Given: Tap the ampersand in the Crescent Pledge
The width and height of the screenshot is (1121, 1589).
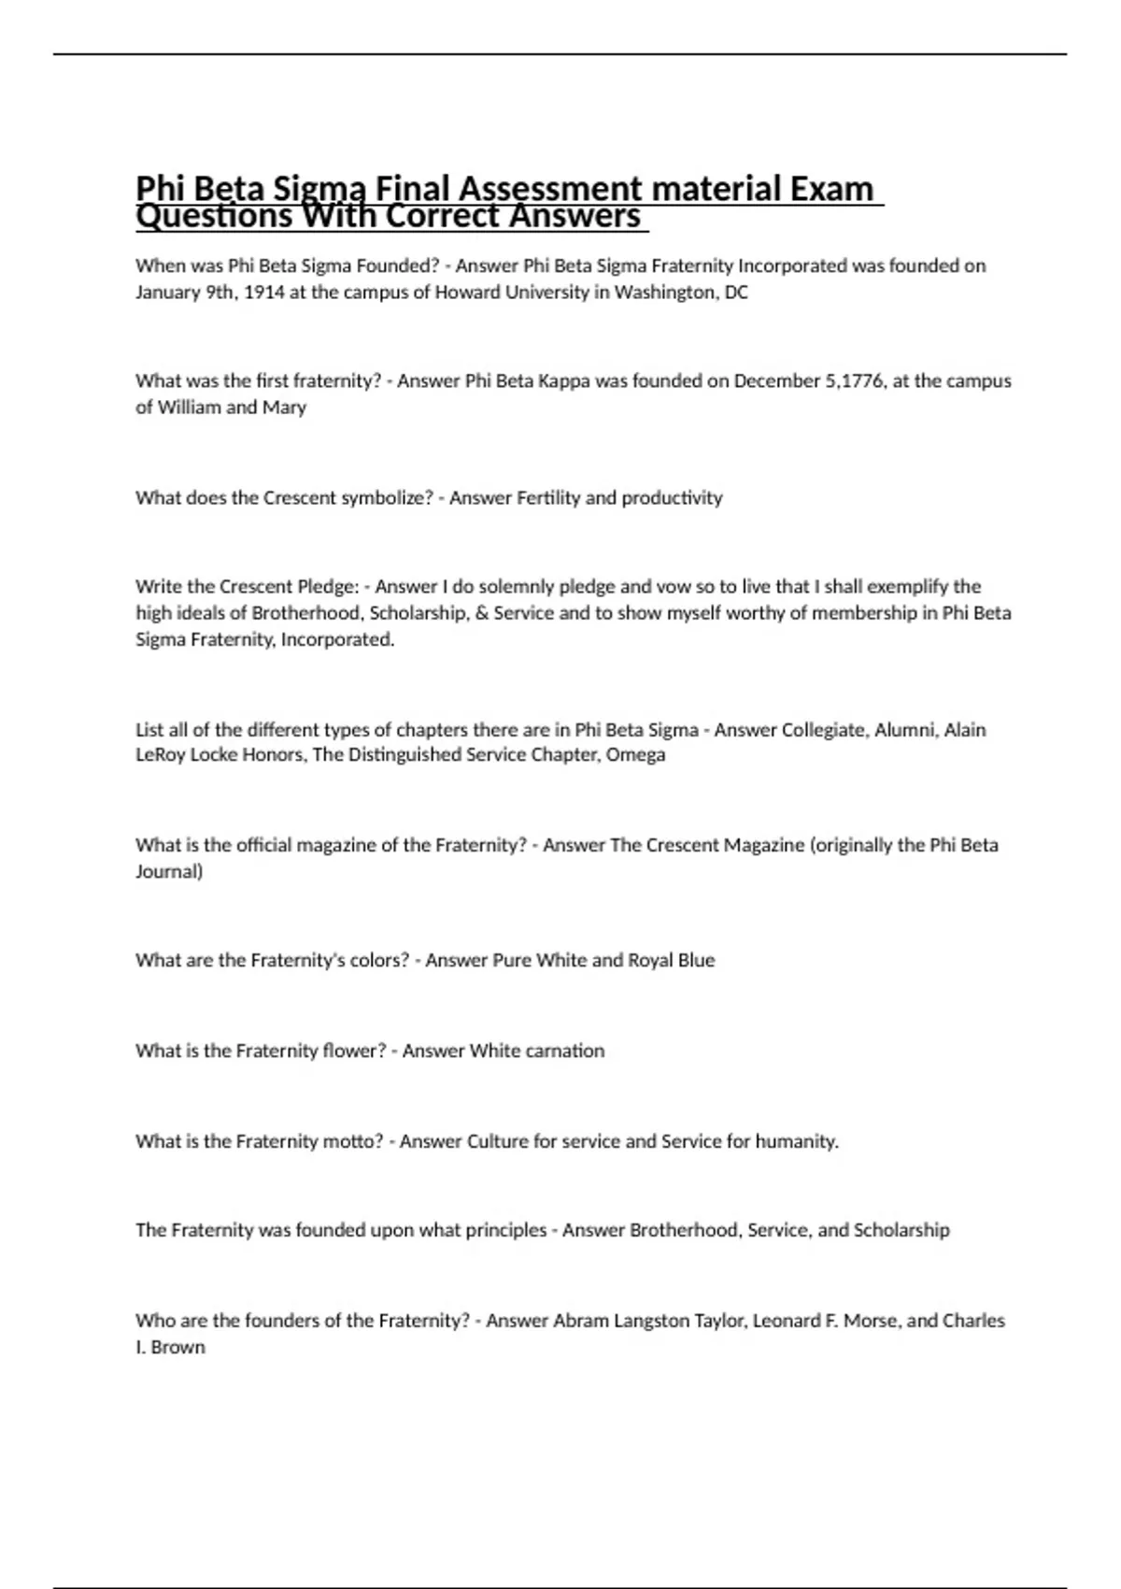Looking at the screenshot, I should coord(482,613).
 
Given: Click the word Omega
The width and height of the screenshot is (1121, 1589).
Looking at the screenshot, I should coord(635,755).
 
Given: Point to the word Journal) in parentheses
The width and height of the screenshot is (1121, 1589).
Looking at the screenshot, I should coord(169,872).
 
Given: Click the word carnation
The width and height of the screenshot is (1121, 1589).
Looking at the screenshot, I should coord(564,1051).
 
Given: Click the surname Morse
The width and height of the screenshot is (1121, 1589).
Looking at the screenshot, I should coord(871,1321).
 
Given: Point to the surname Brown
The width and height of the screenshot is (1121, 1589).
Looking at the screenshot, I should coord(178,1348).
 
